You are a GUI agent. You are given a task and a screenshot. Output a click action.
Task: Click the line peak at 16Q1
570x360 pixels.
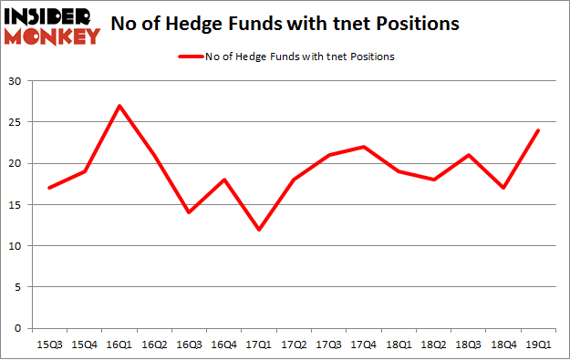click(119, 106)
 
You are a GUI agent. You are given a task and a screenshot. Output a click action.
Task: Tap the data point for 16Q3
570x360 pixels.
click(190, 212)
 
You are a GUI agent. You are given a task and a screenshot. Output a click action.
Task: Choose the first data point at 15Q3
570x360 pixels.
click(48, 188)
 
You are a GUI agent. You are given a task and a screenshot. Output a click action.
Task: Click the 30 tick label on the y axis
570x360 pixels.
click(16, 81)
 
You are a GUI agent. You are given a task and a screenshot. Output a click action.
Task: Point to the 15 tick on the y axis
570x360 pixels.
click(16, 204)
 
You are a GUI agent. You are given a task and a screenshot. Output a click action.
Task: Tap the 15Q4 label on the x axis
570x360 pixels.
click(84, 345)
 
